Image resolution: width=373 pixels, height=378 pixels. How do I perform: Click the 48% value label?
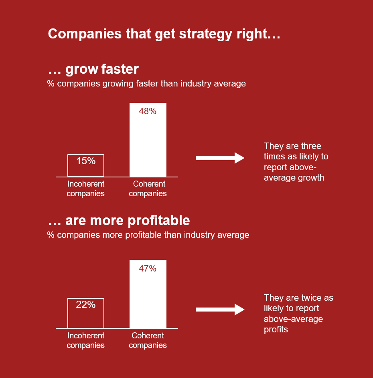click(148, 111)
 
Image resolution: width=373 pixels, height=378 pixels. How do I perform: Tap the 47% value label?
click(148, 269)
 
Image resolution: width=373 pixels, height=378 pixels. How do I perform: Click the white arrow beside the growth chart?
click(220, 158)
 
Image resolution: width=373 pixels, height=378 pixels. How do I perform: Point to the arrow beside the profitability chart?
click(220, 310)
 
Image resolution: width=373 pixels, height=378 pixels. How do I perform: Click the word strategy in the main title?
click(206, 34)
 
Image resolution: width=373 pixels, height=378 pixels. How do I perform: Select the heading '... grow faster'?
click(93, 69)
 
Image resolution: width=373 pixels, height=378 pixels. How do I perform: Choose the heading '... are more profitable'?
click(119, 221)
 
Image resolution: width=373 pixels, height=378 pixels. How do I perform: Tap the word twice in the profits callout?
click(310, 298)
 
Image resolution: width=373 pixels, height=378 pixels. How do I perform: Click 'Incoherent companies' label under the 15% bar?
click(86, 189)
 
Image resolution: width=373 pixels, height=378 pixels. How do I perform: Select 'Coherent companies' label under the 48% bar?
click(148, 189)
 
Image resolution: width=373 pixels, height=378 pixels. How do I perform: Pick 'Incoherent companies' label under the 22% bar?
click(86, 340)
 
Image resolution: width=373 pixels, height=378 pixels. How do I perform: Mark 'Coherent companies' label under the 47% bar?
click(148, 340)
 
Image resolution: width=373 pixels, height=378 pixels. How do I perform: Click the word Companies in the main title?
click(85, 34)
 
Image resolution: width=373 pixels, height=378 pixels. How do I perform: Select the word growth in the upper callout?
click(311, 178)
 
